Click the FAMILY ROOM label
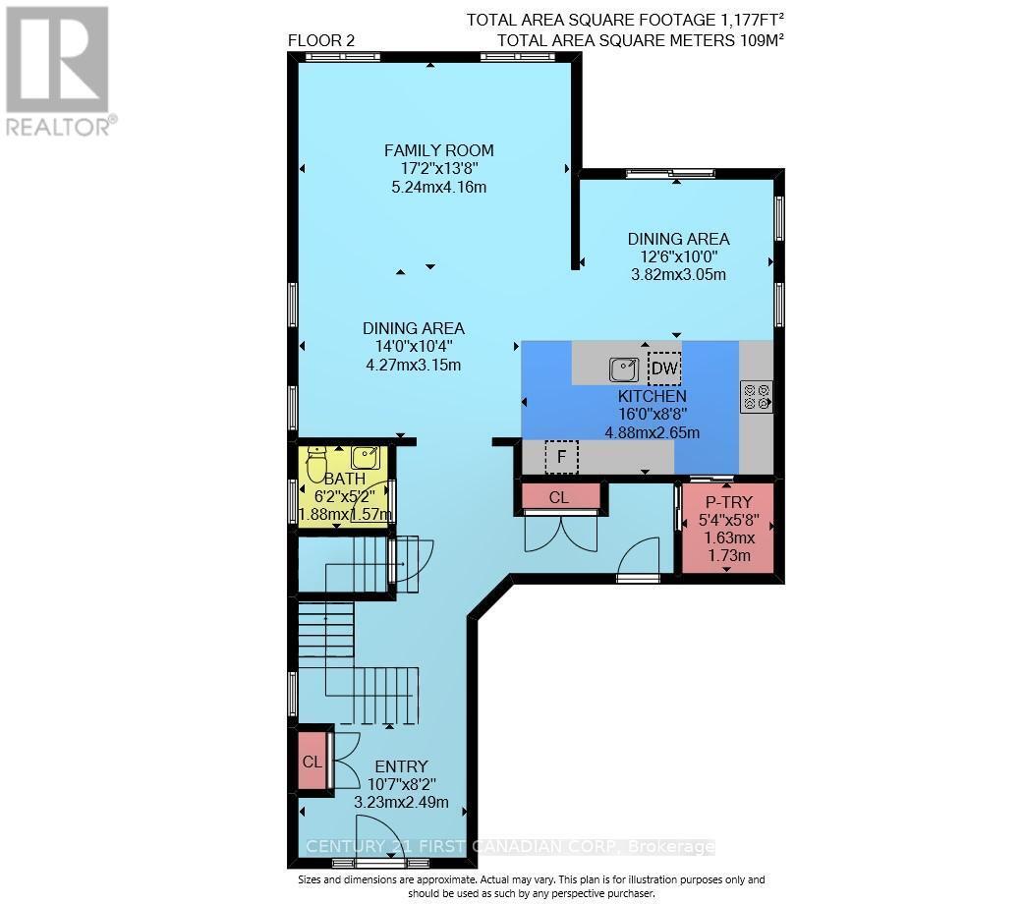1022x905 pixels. [438, 150]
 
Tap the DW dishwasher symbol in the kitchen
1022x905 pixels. [663, 368]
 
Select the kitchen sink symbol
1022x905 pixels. [624, 369]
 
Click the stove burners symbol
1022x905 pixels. [756, 395]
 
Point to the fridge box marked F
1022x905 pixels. [561, 457]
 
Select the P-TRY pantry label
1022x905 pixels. [729, 501]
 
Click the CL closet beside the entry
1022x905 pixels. [312, 762]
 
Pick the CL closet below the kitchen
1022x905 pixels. [558, 497]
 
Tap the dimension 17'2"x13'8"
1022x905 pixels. [438, 169]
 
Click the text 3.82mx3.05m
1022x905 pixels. [678, 274]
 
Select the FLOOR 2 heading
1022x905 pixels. [321, 40]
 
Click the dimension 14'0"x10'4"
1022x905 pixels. [413, 346]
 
